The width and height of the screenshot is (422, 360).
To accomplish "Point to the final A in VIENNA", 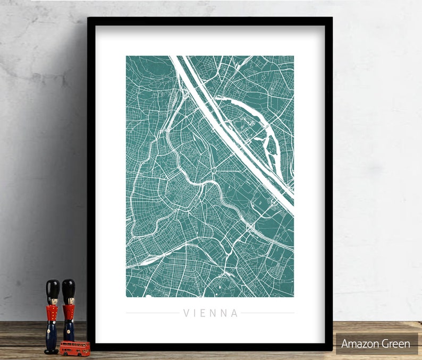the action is [x=235, y=313].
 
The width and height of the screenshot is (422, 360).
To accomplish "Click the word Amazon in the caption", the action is [x=360, y=344].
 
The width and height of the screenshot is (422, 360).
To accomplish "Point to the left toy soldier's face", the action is [x=52, y=301].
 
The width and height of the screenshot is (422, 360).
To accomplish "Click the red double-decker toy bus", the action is [x=74, y=348].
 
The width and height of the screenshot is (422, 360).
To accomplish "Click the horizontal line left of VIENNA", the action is [x=152, y=313].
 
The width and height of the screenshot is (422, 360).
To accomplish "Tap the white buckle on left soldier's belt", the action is [x=52, y=320].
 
